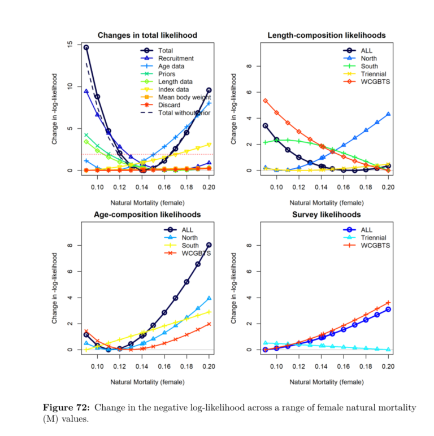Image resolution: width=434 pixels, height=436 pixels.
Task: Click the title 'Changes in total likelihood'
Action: tap(147, 35)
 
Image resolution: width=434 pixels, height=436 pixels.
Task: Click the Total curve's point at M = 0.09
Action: tap(86, 47)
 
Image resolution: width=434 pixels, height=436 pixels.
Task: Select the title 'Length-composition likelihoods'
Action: tap(326, 35)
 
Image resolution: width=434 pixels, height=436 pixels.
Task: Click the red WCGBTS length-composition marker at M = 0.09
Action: tap(265, 101)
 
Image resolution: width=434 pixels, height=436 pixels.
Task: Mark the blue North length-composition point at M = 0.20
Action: tap(388, 114)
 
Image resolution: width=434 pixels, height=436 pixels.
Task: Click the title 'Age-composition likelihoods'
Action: tap(147, 215)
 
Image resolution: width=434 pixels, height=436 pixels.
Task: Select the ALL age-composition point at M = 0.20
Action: tap(209, 245)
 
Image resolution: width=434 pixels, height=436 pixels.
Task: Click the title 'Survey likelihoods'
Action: tap(326, 215)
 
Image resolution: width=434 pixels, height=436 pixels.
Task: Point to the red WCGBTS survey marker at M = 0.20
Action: tap(388, 303)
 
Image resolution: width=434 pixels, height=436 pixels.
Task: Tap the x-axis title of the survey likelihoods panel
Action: tap(326, 382)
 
